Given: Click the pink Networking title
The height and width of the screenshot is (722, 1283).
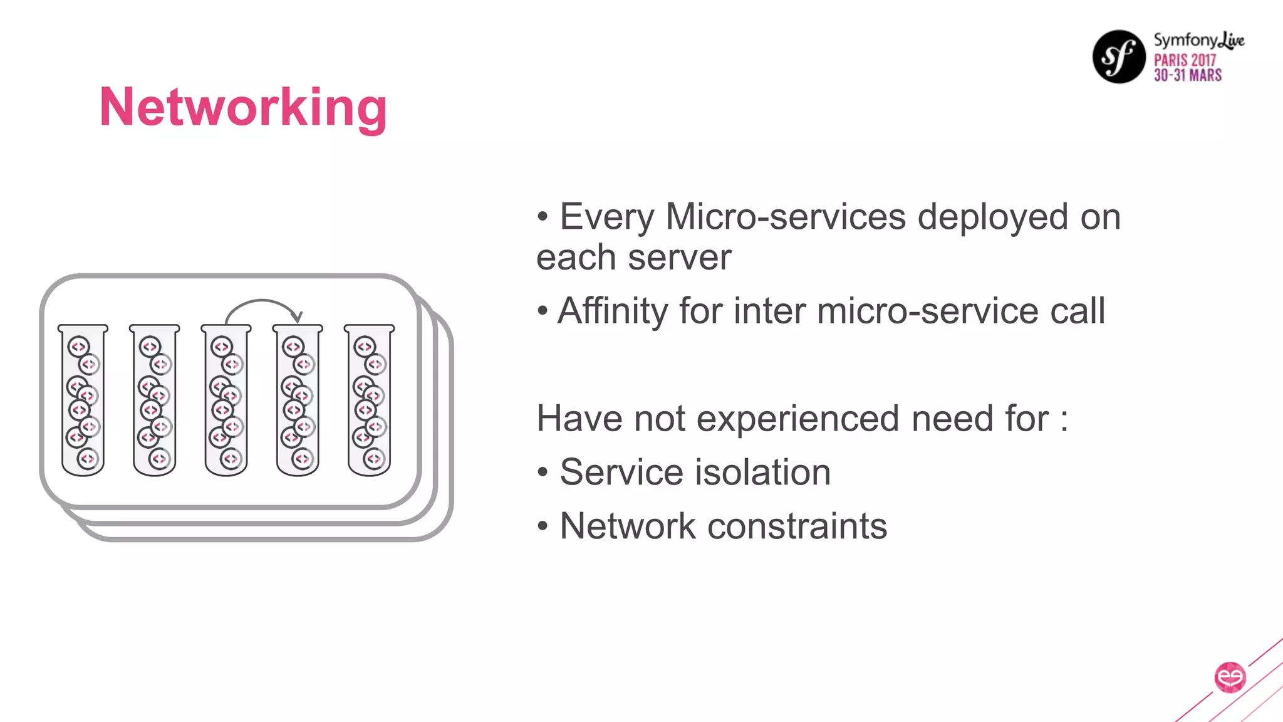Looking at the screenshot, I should coord(243,108).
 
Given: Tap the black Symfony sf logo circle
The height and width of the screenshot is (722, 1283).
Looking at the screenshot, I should coord(1119,56).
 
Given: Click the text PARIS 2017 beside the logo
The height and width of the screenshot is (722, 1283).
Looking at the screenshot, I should coord(1185,60).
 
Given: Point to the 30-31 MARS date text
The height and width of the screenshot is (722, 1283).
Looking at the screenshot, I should coord(1188,75).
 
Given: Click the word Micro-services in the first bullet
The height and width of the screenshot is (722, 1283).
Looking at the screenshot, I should coord(786,217).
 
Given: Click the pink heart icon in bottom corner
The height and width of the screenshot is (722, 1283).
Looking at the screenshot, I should coord(1230,678).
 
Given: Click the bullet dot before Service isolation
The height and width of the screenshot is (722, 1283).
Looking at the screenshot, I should coord(543,473).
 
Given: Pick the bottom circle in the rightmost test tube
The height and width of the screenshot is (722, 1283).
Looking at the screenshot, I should coord(374,459).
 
